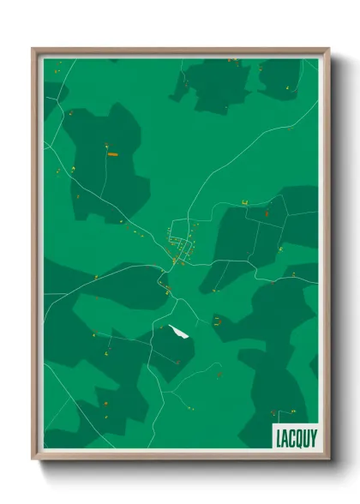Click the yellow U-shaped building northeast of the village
(244, 201)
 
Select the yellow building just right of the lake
(217, 321)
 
